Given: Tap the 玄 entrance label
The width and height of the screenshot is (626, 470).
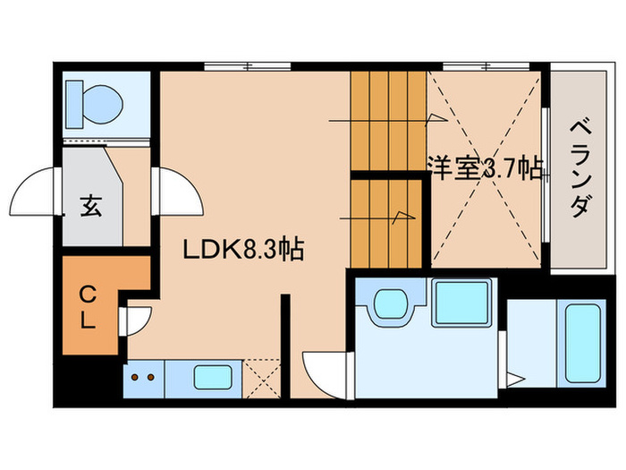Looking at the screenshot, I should pyautogui.click(x=90, y=207).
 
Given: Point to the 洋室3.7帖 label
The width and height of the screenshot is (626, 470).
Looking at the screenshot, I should pyautogui.click(x=486, y=168).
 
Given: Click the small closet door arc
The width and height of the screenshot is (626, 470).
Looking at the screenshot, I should pyautogui.click(x=137, y=320).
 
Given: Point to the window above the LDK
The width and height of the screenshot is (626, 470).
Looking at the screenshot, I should pyautogui.click(x=248, y=65).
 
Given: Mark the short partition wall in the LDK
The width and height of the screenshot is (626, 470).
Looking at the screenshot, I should pyautogui.click(x=285, y=345).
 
